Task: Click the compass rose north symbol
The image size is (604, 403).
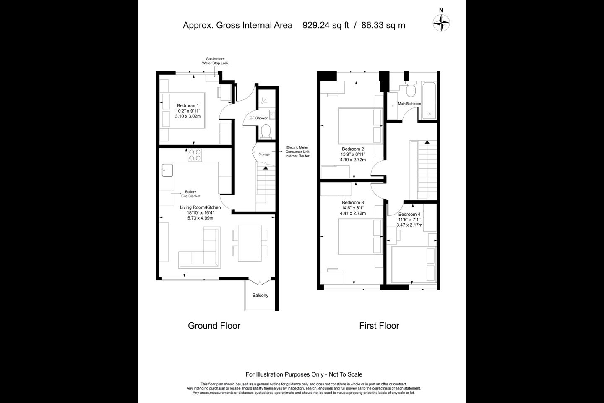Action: (441, 22)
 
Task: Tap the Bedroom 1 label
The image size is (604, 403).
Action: (188, 105)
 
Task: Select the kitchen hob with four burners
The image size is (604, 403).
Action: (195, 155)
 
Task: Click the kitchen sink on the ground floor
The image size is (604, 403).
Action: (167, 170)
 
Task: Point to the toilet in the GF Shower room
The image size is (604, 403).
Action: (266, 131)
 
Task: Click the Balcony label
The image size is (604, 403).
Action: (260, 295)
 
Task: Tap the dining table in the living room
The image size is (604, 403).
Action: (250, 243)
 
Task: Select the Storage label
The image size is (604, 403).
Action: (264, 154)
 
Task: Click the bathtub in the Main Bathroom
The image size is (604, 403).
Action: (429, 100)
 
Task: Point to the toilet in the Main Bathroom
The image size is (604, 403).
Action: (411, 89)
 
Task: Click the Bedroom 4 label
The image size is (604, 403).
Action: (409, 215)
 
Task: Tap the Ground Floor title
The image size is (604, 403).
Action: (214, 326)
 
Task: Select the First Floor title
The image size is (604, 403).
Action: (379, 326)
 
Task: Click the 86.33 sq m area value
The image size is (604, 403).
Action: (383, 25)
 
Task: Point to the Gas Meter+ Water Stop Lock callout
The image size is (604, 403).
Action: (215, 61)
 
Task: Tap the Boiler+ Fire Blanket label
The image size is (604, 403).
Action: (190, 194)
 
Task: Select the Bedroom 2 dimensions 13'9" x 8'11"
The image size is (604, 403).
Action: (353, 154)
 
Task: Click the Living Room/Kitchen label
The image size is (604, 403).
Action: (200, 207)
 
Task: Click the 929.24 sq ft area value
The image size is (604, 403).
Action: (326, 25)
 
